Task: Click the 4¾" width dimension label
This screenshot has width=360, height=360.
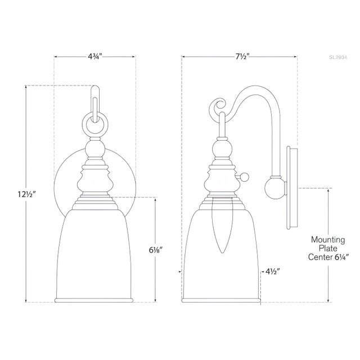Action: click(94, 56)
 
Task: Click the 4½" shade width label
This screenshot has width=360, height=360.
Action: click(274, 271)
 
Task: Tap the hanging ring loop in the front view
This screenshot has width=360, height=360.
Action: click(94, 123)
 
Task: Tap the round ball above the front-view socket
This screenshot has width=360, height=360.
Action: click(94, 151)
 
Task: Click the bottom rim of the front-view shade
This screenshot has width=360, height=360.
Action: click(94, 298)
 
